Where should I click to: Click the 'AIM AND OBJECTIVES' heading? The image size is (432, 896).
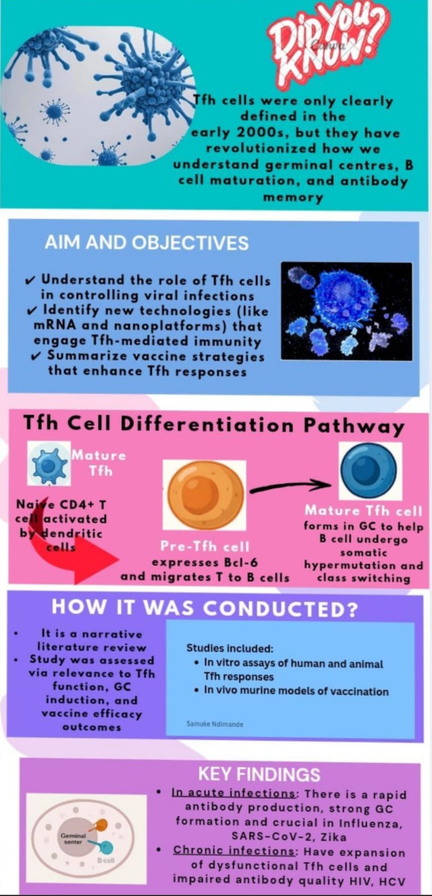(x=146, y=243)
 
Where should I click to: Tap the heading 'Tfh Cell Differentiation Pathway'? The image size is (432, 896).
(x=213, y=424)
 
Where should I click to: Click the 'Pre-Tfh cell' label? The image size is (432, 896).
(x=205, y=546)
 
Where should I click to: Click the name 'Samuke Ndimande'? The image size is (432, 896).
(x=215, y=724)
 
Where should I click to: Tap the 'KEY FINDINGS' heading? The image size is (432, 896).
(x=259, y=774)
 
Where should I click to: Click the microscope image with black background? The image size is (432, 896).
(x=347, y=311)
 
